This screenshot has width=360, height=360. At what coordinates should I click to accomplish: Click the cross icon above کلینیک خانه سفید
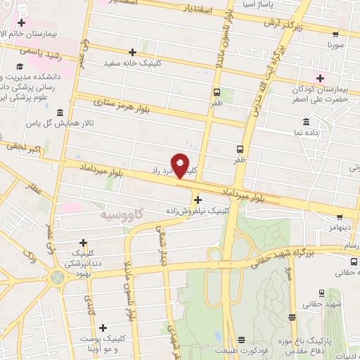[x=134, y=53]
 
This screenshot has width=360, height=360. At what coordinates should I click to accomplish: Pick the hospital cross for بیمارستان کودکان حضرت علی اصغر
[x=321, y=78]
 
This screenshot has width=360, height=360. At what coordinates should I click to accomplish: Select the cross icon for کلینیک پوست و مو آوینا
[x=104, y=328]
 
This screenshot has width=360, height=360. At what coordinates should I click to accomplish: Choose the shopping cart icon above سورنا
[x=333, y=32]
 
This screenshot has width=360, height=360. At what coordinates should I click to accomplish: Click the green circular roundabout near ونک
[x=56, y=276]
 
